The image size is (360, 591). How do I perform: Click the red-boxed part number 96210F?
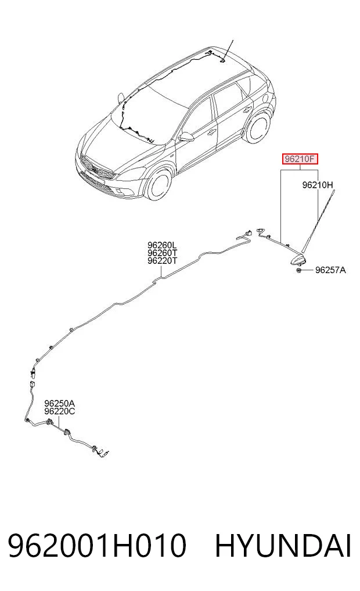[x=300, y=159]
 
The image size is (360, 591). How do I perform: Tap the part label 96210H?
[x=318, y=185]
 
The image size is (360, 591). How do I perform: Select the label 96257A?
[x=330, y=270]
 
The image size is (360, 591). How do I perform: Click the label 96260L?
[x=163, y=245]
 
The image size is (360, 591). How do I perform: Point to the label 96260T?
[x=163, y=253]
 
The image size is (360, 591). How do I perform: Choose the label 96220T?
[x=163, y=260]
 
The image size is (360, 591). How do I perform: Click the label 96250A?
[x=59, y=404]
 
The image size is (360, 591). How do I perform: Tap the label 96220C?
[x=59, y=411]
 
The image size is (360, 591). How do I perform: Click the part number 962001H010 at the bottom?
[x=97, y=545]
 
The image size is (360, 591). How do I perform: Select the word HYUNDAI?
[x=283, y=545]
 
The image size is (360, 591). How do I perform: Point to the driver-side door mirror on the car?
[x=186, y=137]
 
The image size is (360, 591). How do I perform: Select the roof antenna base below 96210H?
[x=297, y=258]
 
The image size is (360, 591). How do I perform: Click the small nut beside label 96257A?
[x=298, y=270]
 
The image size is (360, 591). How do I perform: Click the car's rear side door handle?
[x=247, y=110]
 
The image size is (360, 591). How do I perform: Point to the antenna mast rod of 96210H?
[x=318, y=222]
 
